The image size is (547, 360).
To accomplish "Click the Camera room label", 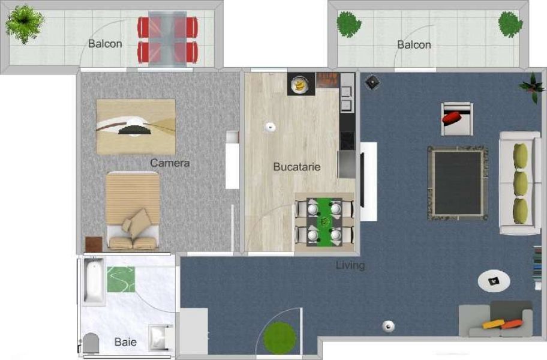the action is (170, 163).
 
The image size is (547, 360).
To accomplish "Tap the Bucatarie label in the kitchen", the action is (296, 167).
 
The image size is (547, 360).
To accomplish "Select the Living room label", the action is (350, 265).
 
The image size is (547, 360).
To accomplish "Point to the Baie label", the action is (125, 342).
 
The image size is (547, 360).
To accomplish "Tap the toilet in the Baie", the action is (91, 343).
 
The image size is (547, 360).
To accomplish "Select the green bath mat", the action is (121, 279).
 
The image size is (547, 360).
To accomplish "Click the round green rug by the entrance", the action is (279, 338).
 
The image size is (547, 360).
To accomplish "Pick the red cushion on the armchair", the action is (452, 117).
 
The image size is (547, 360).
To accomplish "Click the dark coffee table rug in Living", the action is (458, 183).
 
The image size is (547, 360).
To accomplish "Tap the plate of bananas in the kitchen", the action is (299, 85).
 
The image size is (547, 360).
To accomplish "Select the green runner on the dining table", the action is (325, 222).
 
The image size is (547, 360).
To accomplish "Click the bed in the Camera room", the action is (133, 211).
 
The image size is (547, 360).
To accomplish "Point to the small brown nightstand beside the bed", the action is (94, 244).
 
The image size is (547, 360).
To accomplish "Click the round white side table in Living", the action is (494, 281).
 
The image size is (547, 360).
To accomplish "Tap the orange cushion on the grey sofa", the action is (512, 325).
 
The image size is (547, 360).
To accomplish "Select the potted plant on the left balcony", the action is (25, 24).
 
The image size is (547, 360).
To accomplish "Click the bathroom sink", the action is (159, 338).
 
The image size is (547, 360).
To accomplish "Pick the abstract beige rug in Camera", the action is (136, 127).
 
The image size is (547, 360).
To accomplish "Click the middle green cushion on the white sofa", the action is (521, 184).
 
